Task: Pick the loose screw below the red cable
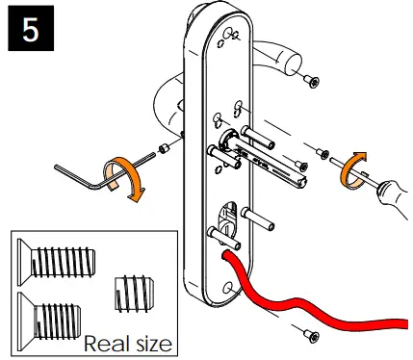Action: (x=309, y=334)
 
